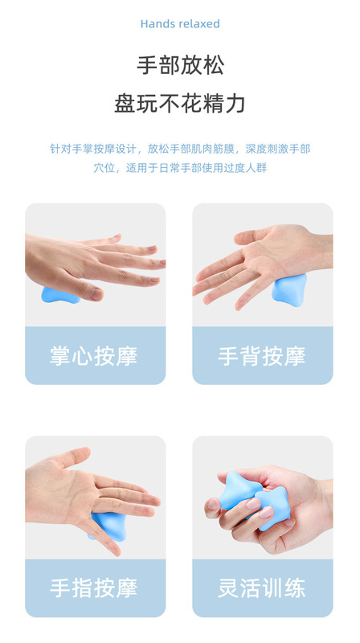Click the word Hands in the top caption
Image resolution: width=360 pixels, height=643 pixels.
pos(156,24)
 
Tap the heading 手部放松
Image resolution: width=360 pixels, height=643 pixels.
pos(180,65)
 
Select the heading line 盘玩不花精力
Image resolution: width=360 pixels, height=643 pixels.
pos(180,104)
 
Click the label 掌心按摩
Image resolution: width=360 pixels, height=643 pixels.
pos(94,356)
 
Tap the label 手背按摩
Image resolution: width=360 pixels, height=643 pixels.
pos(262,356)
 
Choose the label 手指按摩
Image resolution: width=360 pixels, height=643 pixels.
pos(94,588)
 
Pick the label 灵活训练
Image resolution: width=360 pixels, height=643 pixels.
pos(262,588)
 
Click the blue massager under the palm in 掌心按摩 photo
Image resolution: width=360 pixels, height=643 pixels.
pos(59,294)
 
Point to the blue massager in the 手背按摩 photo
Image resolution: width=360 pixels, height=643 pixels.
pos(288,288)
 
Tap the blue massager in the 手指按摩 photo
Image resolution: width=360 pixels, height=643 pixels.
pos(105,522)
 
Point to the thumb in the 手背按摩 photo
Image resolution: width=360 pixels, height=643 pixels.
pos(245,235)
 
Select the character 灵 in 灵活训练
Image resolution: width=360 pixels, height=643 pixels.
pos(229,588)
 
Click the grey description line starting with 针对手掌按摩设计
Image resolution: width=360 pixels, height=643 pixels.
pos(180,149)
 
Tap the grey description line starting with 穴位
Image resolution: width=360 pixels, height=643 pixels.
pos(180,168)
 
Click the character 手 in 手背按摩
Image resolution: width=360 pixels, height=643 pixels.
pos(229,356)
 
